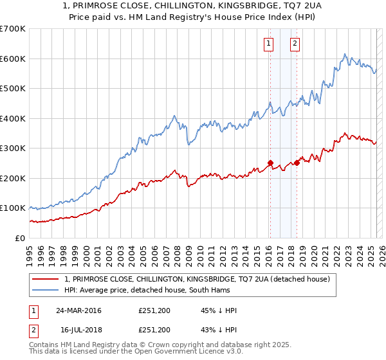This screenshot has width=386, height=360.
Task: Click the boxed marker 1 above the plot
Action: coord(268,44)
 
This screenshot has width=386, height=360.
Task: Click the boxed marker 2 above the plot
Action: coord(295,44)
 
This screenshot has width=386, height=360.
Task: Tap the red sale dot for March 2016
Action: coord(270,163)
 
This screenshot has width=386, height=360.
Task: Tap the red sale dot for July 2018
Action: coord(297,163)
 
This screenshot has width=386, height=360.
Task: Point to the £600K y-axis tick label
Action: coord(13,59)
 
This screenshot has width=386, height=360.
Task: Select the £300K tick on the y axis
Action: coord(13,148)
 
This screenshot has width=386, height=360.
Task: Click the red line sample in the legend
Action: coord(45,279)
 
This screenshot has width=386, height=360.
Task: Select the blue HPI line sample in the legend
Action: coord(45,290)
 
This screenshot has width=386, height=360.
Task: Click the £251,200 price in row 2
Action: coord(154,330)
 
